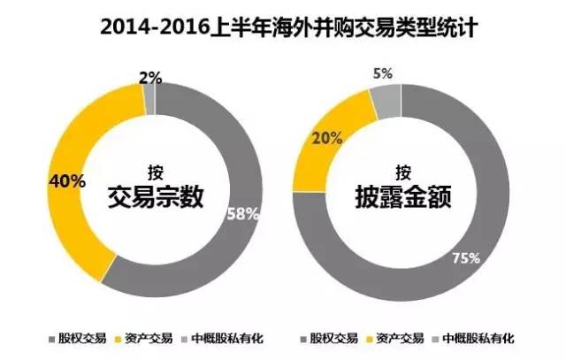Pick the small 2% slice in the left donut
(149, 102)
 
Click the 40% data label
(67, 180)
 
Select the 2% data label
(149, 78)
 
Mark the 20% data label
(325, 138)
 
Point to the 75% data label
(466, 258)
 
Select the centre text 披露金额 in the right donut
(402, 197)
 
